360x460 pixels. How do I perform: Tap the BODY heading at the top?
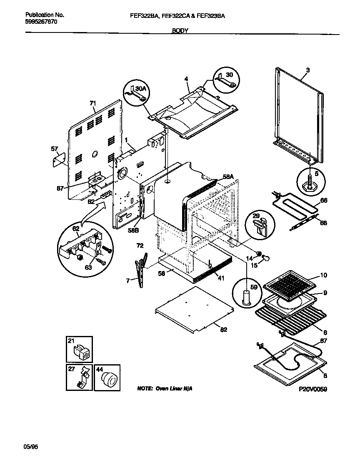[x=180, y=30]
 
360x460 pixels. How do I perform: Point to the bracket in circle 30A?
[x=136, y=94]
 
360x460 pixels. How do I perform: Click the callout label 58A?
[x=227, y=177]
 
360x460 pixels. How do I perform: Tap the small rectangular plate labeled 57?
[x=59, y=159]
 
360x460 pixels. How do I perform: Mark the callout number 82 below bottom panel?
[x=224, y=330]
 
